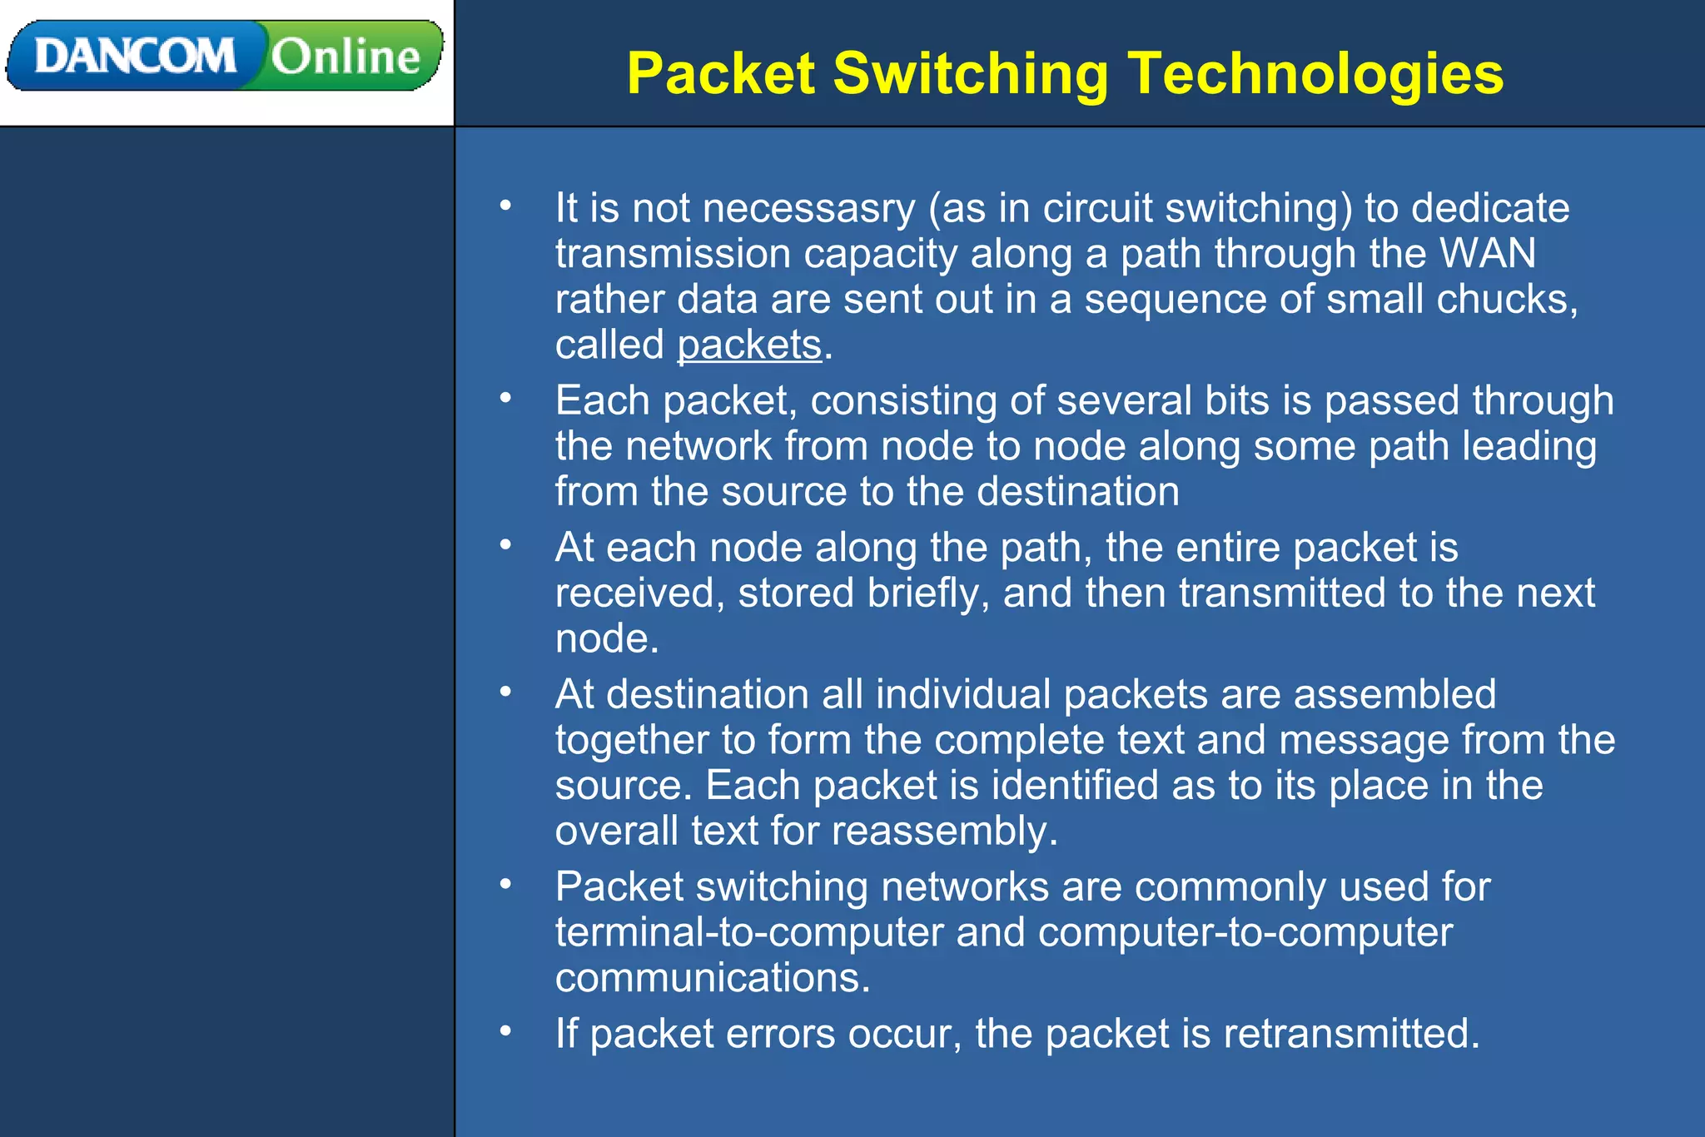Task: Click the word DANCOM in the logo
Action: pos(135,57)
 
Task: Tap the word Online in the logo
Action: pos(345,57)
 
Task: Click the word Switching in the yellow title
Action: pos(971,74)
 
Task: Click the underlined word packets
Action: pos(749,345)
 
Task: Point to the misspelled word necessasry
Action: pos(808,208)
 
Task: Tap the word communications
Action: pos(712,978)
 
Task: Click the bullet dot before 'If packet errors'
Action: pos(505,1031)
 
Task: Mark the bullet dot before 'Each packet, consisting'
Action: pos(505,399)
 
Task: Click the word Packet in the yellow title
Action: pos(721,74)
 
